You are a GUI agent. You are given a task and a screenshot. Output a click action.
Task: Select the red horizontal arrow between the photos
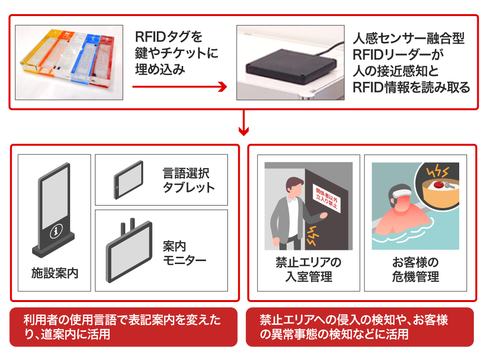[180, 87]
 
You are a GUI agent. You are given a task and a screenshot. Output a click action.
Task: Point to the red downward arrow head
[243, 131]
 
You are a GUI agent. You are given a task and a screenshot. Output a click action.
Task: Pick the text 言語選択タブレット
[188, 180]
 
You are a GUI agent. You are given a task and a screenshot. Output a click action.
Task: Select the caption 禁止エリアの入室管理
[308, 270]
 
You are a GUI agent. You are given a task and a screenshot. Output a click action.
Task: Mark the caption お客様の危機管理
[415, 270]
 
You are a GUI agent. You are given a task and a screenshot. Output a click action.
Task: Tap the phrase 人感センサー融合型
[408, 38]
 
